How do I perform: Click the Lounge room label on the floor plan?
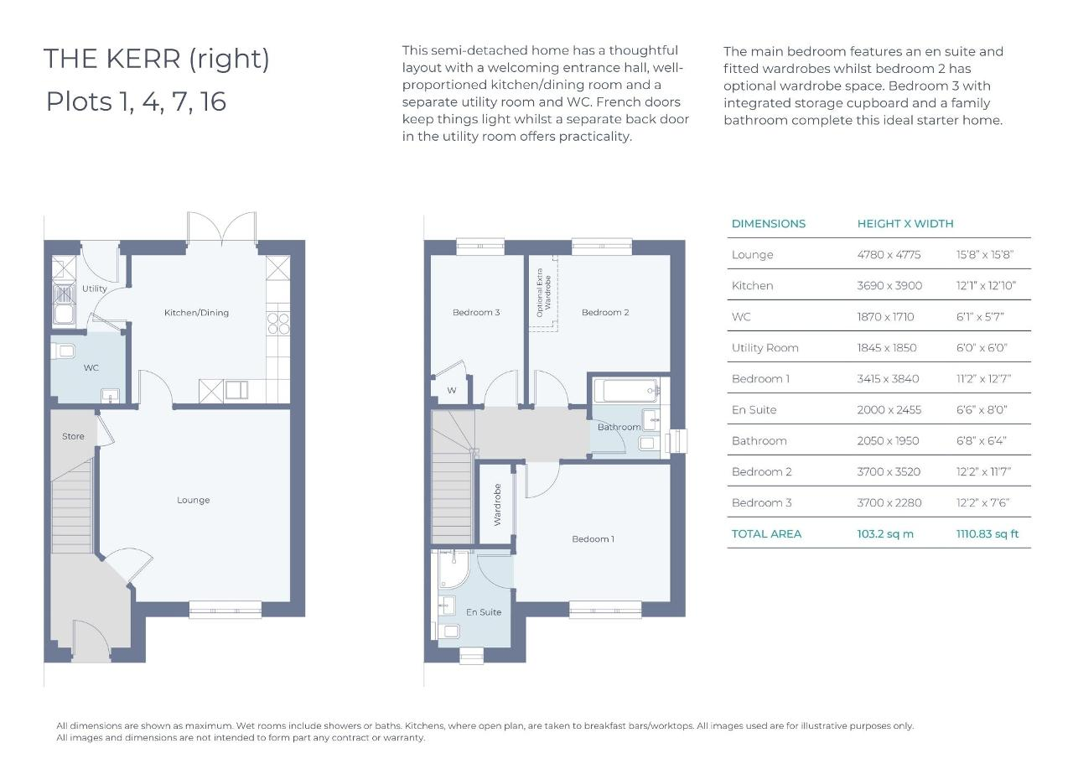193,500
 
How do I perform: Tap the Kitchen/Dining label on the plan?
196,313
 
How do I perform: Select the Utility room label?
95,289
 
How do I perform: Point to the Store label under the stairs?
73,436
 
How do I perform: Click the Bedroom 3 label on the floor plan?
476,313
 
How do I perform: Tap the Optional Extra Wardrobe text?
544,293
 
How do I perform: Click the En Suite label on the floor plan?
484,612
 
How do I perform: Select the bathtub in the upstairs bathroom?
625,390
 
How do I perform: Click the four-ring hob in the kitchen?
278,323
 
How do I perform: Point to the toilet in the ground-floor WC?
64,351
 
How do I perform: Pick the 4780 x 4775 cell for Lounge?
889,254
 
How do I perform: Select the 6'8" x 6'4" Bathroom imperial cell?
982,441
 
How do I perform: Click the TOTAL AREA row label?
766,533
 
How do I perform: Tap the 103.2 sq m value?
885,533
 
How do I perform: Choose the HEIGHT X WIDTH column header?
905,224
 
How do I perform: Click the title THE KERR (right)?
157,59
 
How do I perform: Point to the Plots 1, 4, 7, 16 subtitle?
136,101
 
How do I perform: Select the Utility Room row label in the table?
765,348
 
